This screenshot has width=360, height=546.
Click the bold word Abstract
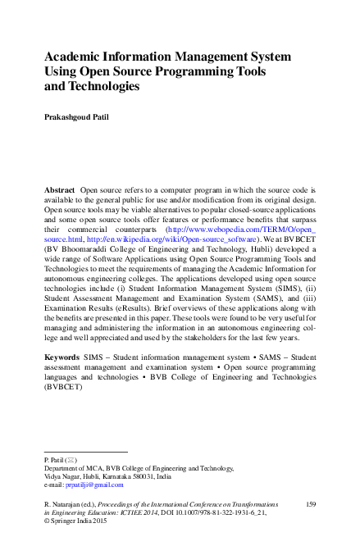tap(61, 189)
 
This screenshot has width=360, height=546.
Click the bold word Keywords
tap(62, 358)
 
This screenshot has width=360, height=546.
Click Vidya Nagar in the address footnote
tap(62, 477)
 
